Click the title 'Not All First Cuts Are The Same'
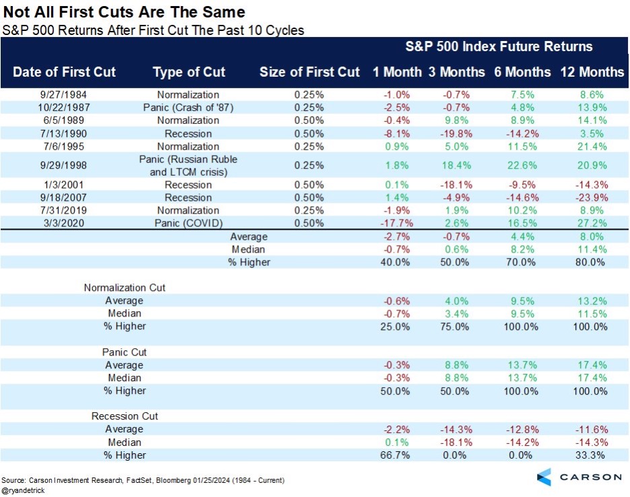[x=123, y=13]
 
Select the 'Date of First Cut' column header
[x=65, y=72]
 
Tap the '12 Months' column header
[x=592, y=72]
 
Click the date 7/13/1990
[x=65, y=133]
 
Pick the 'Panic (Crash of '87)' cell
[x=188, y=108]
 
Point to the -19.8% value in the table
[x=456, y=133]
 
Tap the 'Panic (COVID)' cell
[x=188, y=223]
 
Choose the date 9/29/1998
[x=65, y=165]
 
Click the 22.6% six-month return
[x=526, y=165]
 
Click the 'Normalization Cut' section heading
[x=125, y=288]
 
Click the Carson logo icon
[x=545, y=477]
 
